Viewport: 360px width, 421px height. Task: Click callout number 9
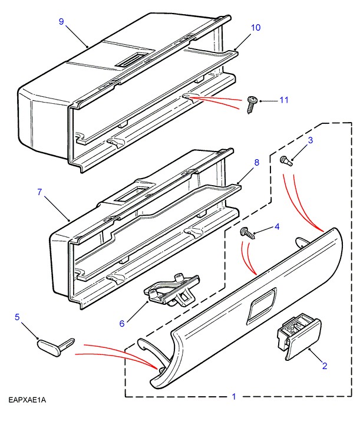click(61, 21)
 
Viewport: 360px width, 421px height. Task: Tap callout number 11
click(284, 100)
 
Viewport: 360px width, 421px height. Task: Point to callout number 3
click(311, 140)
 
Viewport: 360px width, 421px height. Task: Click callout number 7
click(40, 192)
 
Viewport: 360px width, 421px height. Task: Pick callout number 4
click(277, 226)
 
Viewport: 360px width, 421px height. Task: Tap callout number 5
click(17, 317)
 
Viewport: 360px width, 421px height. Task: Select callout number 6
click(123, 323)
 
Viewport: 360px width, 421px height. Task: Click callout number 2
click(323, 366)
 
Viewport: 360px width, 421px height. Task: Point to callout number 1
click(233, 397)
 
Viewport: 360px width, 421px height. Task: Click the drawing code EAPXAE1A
click(27, 400)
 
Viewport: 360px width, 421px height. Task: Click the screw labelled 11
click(252, 104)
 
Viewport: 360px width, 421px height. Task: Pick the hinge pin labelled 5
click(55, 346)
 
